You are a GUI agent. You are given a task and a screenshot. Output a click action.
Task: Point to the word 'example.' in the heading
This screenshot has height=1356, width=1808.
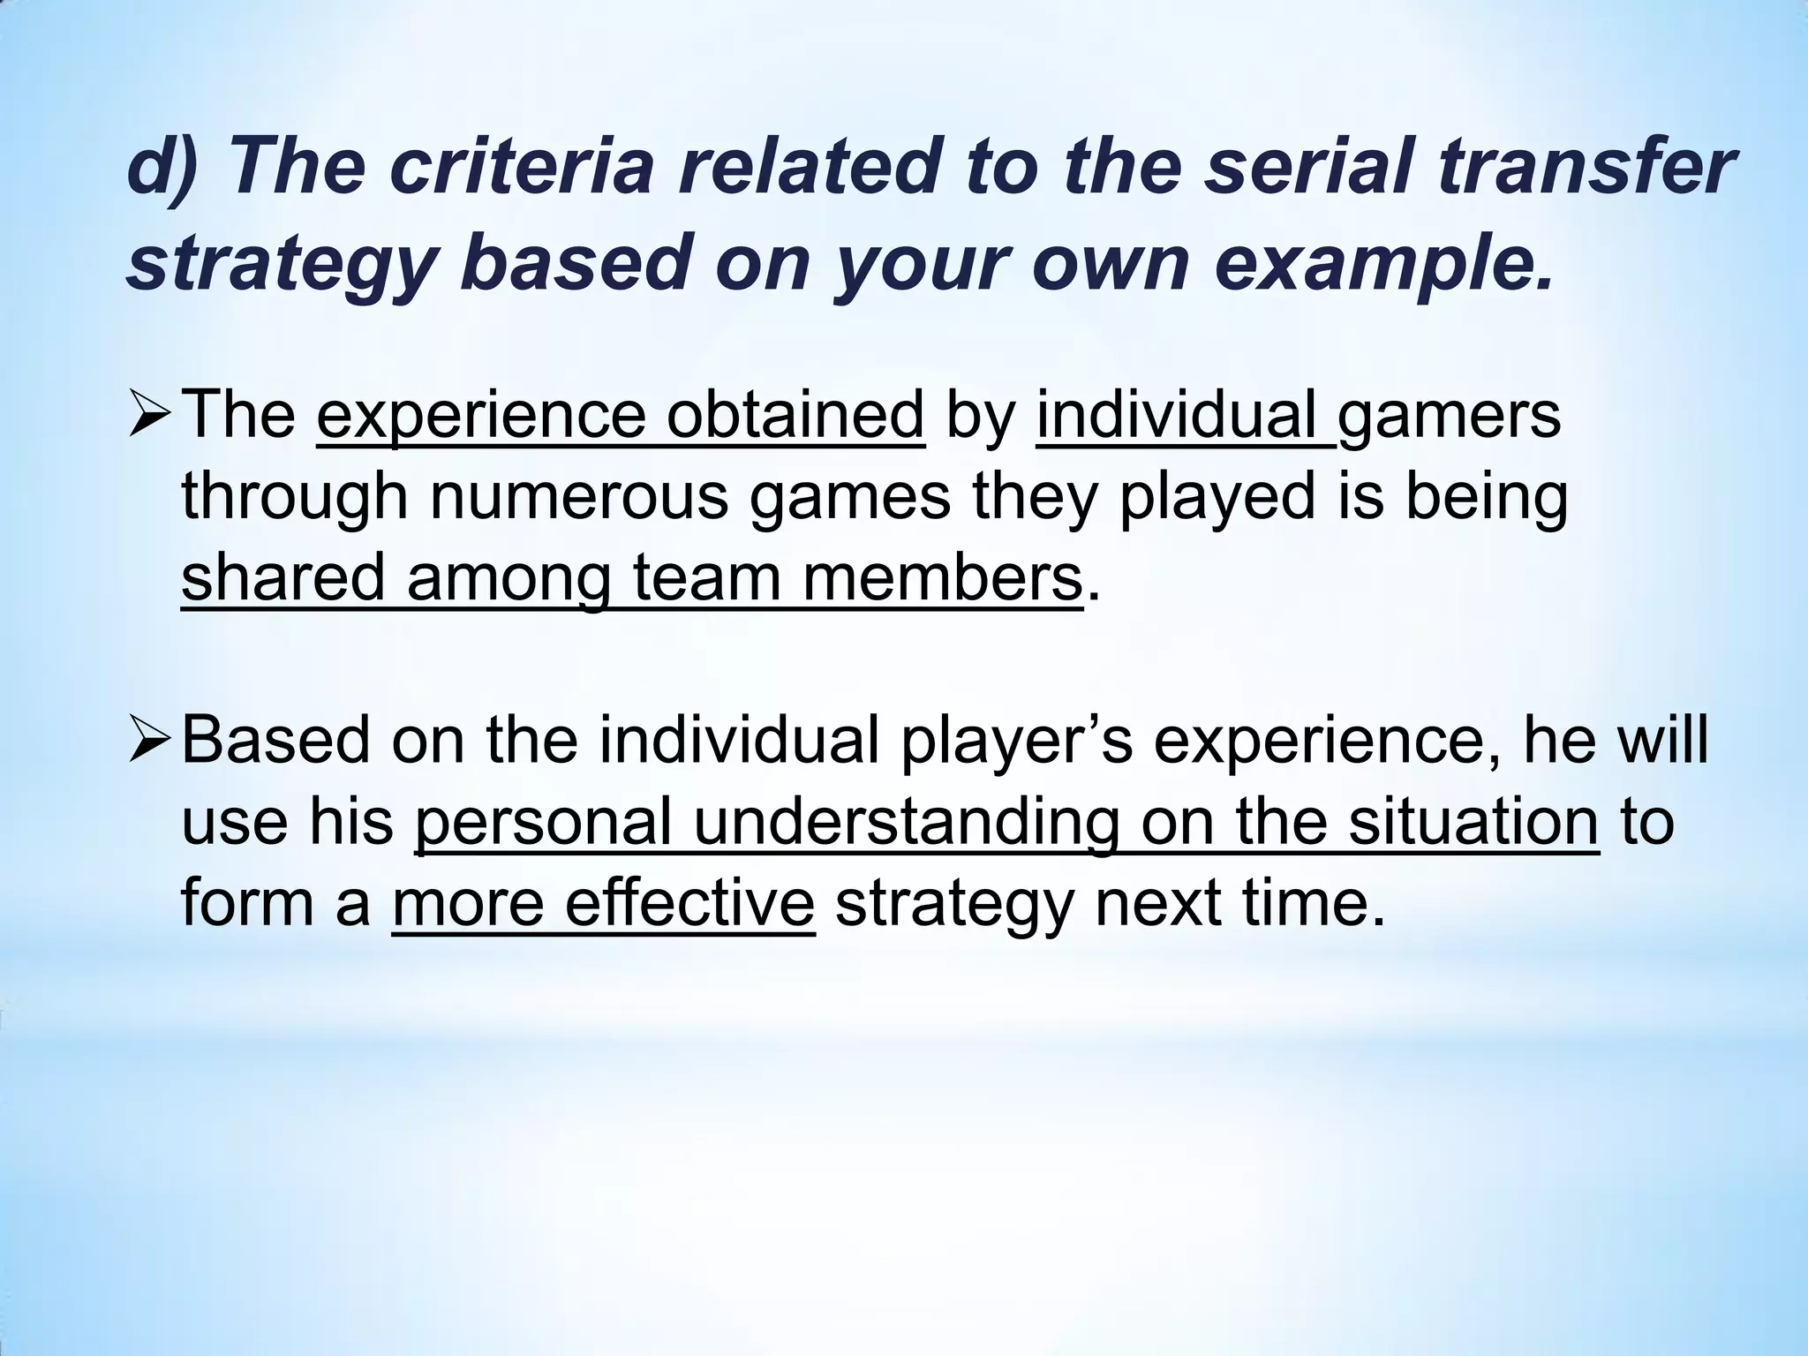(1382, 264)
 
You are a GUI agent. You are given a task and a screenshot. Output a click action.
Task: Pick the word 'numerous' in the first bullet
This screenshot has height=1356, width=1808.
(579, 497)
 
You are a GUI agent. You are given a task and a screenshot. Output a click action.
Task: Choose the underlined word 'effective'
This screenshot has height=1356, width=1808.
(689, 903)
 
